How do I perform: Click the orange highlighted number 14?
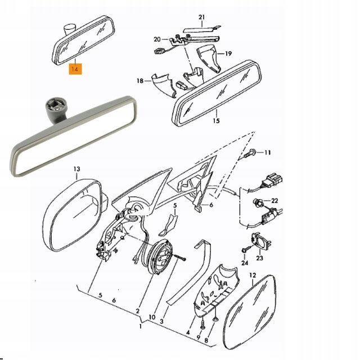pyautogui.click(x=75, y=69)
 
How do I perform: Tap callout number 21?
pyautogui.click(x=201, y=17)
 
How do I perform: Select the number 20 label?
pyautogui.click(x=157, y=39)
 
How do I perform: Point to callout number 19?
pyautogui.click(x=228, y=54)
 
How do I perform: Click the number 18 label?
pyautogui.click(x=140, y=81)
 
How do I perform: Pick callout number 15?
pyautogui.click(x=216, y=120)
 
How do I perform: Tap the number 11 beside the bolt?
pyautogui.click(x=268, y=152)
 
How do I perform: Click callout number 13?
pyautogui.click(x=77, y=169)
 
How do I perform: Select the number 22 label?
pyautogui.click(x=274, y=201)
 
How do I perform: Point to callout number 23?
pyautogui.click(x=259, y=258)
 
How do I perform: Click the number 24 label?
pyautogui.click(x=245, y=263)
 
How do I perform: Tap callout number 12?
pyautogui.click(x=253, y=275)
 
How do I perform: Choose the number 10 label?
pyautogui.click(x=152, y=317)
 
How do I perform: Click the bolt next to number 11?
pyautogui.click(x=250, y=153)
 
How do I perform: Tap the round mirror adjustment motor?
pyautogui.click(x=160, y=256)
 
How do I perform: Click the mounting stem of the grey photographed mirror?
pyautogui.click(x=56, y=111)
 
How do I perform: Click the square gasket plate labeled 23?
pyautogui.click(x=262, y=241)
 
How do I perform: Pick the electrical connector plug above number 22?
pyautogui.click(x=273, y=181)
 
